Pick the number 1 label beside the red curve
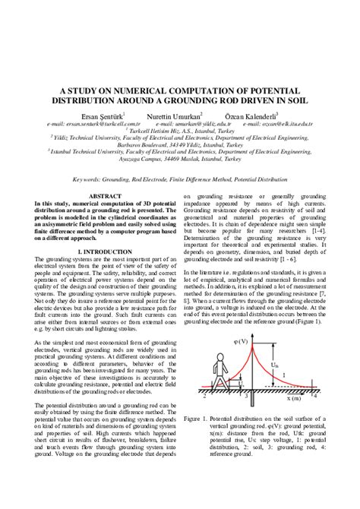click(283, 375)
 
